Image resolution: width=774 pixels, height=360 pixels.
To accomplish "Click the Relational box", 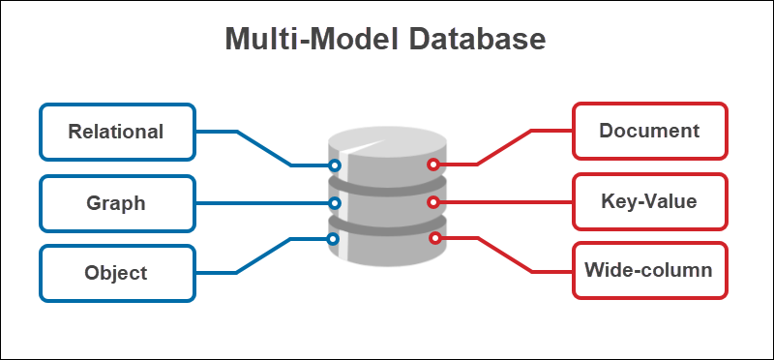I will (116, 132).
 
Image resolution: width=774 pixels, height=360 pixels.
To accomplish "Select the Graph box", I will (116, 203).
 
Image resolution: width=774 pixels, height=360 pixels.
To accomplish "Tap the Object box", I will (116, 273).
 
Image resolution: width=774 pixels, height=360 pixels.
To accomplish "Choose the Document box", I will (649, 131).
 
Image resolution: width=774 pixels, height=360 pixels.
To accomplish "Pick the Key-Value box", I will (649, 202).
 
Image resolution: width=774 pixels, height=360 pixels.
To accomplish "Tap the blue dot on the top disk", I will (335, 165).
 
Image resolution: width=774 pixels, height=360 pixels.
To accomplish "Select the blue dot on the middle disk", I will (335, 203).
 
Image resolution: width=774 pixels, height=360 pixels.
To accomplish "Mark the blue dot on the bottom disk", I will (334, 238).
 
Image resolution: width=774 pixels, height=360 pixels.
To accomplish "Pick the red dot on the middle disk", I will (433, 203).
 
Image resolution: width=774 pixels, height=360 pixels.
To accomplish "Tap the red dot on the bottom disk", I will (434, 237).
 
